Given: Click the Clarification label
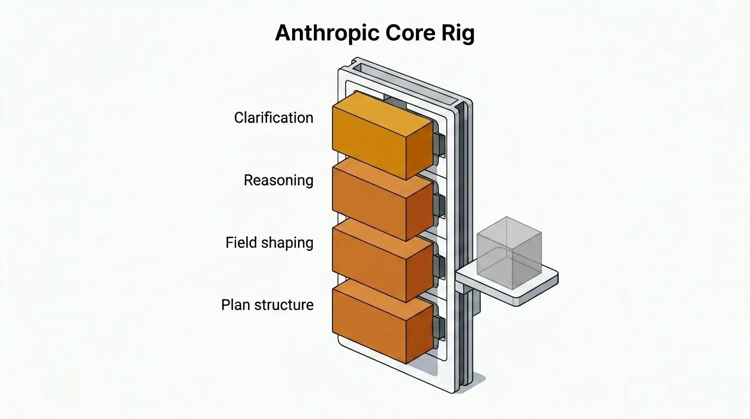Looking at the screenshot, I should pyautogui.click(x=274, y=118).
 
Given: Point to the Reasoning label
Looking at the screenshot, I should pyautogui.click(x=278, y=181).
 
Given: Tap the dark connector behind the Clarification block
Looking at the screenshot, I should pyautogui.click(x=439, y=145).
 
